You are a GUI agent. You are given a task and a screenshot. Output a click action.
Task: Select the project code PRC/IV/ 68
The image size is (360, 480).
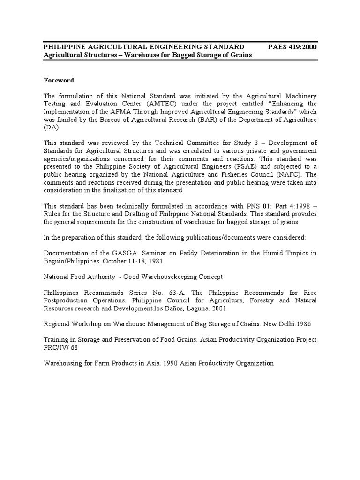(61, 348)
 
